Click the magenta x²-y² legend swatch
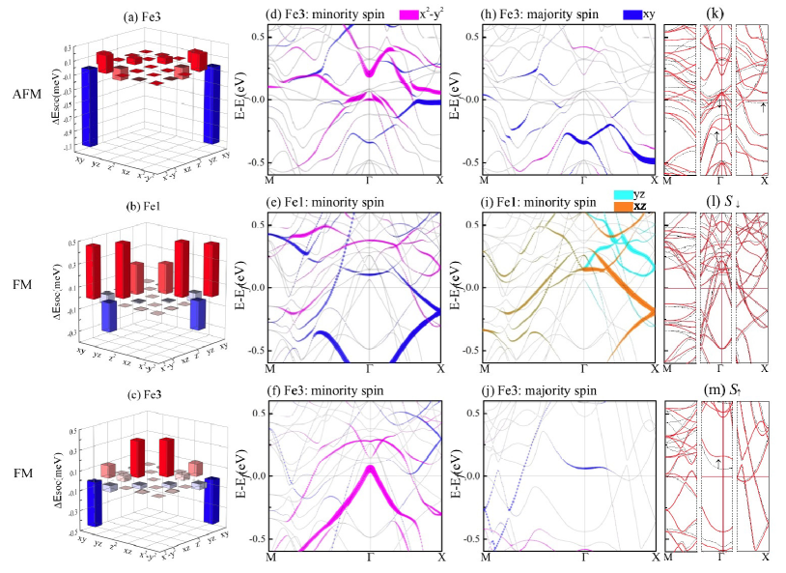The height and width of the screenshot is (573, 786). pyautogui.click(x=410, y=14)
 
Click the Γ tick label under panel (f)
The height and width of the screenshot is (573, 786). pyautogui.click(x=371, y=559)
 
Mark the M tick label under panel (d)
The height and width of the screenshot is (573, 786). pyautogui.click(x=269, y=181)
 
